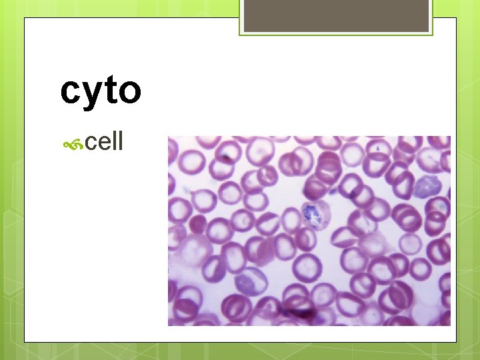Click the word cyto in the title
click(101, 91)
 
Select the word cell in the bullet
click(105, 141)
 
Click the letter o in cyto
click(128, 93)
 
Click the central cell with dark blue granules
click(311, 214)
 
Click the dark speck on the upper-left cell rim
click(227, 159)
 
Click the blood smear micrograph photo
click(309, 231)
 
